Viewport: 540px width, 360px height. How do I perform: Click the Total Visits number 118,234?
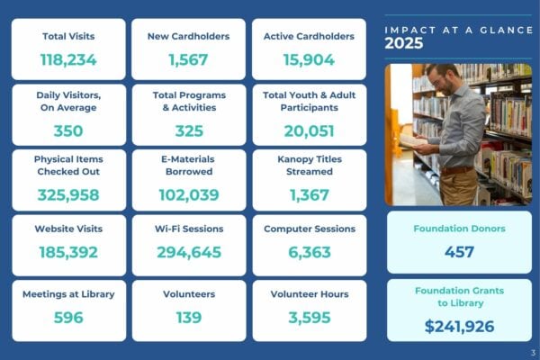pyautogui.click(x=68, y=60)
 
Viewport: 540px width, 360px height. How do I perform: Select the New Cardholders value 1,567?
pyautogui.click(x=188, y=60)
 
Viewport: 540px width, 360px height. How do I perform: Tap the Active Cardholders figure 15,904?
pyautogui.click(x=308, y=60)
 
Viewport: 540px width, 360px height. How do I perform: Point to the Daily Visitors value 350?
pyautogui.click(x=68, y=130)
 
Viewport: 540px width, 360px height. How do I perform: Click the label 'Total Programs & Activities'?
pyautogui.click(x=188, y=101)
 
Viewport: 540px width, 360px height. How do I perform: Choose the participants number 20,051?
pyautogui.click(x=308, y=130)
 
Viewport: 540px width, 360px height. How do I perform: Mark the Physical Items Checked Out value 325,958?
pyautogui.click(x=68, y=194)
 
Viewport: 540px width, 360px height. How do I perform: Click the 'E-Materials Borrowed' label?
pyautogui.click(x=188, y=165)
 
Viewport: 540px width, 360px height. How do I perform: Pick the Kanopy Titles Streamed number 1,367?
pyautogui.click(x=308, y=194)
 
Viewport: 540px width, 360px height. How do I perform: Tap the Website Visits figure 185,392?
pyautogui.click(x=68, y=252)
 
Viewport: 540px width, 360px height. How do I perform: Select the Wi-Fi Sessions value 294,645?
pyautogui.click(x=188, y=252)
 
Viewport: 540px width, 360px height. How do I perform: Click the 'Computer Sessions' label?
pyautogui.click(x=308, y=229)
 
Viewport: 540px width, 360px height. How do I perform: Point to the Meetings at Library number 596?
pyautogui.click(x=68, y=317)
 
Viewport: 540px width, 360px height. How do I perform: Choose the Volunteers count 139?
pyautogui.click(x=188, y=317)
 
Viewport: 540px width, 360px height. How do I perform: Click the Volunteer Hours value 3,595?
pyautogui.click(x=308, y=317)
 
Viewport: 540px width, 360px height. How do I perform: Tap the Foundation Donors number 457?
pyautogui.click(x=459, y=252)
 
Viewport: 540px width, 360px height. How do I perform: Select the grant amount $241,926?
pyautogui.click(x=459, y=326)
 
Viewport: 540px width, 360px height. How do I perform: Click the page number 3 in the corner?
pyautogui.click(x=533, y=352)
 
